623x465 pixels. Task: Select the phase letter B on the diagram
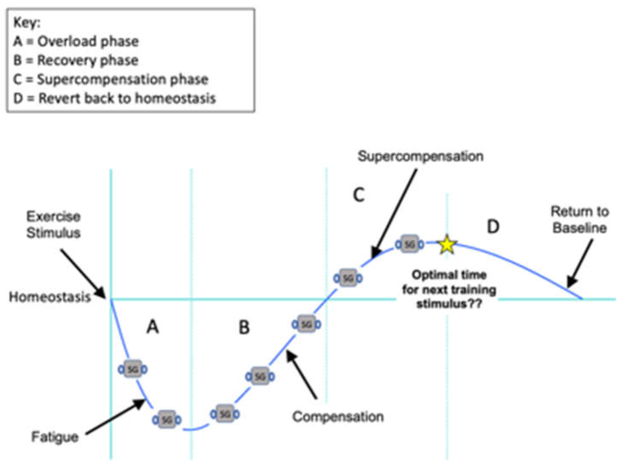coord(244,327)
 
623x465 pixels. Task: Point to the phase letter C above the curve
coord(359,195)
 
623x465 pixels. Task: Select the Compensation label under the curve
coord(338,417)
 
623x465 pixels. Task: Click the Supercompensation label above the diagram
coord(420,156)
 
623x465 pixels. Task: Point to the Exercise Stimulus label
coord(53,225)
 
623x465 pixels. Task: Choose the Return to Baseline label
coord(580,220)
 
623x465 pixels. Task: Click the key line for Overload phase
coord(76,42)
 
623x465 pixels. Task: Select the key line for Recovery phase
coord(76,60)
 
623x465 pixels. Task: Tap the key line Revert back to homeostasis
coord(114,98)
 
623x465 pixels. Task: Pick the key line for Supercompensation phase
coord(111,80)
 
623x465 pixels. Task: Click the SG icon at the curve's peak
coord(410,244)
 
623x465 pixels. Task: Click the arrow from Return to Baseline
coord(580,264)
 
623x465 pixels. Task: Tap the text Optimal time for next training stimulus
coord(449,290)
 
